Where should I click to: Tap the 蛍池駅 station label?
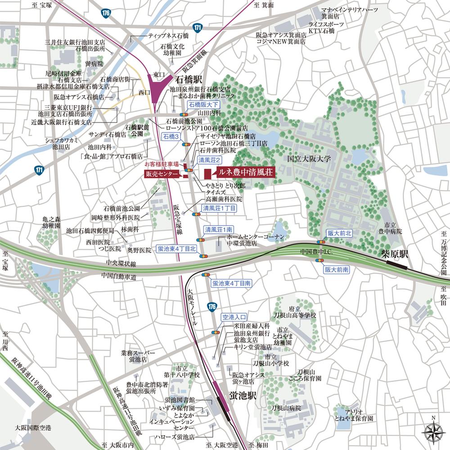coord(243,396)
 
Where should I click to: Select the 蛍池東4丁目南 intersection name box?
coord(231,283)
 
